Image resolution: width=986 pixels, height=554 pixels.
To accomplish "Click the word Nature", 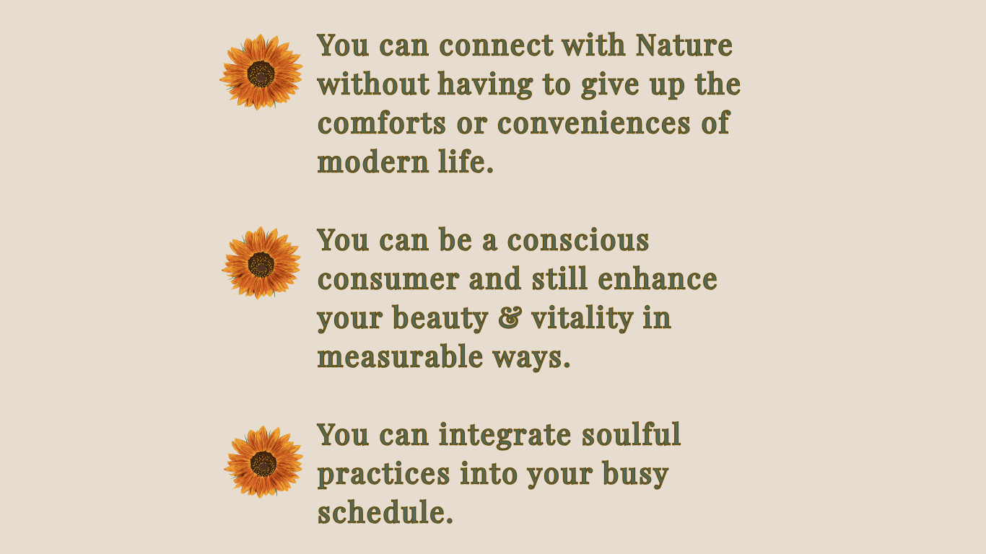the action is [684, 45].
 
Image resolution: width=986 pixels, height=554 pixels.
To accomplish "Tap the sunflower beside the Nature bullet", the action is [261, 72].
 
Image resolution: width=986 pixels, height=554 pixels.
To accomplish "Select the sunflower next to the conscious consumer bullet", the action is [261, 263].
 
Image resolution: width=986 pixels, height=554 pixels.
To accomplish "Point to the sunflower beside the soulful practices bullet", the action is [263, 462].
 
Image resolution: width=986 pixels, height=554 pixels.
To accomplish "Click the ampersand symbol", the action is [510, 317].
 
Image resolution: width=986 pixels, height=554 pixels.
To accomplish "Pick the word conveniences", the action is [594, 123].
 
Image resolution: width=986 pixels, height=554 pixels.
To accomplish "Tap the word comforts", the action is [382, 123].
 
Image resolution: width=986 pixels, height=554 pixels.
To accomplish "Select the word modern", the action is [373, 162].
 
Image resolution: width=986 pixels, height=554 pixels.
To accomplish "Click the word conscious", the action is [578, 240].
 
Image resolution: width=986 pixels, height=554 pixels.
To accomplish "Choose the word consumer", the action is [388, 280].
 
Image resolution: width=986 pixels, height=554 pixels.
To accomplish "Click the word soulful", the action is [631, 435].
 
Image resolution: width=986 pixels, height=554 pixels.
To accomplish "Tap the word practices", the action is [383, 475].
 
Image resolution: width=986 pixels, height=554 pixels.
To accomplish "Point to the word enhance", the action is [658, 279].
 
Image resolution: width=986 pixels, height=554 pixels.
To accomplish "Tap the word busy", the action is [636, 475].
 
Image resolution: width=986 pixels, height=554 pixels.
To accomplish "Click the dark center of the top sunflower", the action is [261, 74].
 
